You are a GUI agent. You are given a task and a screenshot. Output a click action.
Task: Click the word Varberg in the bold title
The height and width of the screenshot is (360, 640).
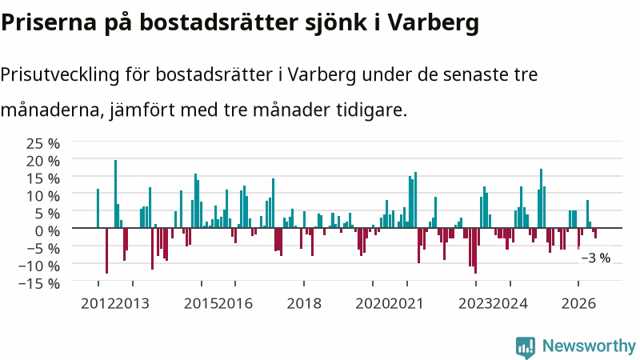point(433,22)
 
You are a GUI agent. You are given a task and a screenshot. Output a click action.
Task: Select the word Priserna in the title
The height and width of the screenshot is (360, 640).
point(49,22)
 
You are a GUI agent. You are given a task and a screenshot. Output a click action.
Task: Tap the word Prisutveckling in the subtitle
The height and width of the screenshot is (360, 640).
point(60,75)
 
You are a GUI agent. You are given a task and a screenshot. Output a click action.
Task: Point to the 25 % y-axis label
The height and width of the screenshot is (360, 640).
point(43,144)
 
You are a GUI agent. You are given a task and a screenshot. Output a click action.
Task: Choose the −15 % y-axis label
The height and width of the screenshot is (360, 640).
point(39,283)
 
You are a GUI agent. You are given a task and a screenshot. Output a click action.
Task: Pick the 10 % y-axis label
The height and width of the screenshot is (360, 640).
point(43,196)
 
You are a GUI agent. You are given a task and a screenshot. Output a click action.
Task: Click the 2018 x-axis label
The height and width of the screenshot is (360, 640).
point(304,304)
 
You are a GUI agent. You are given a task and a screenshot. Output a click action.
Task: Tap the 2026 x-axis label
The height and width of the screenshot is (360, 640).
point(578,304)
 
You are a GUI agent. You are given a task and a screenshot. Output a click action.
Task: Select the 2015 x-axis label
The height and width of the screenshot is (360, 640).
point(202,304)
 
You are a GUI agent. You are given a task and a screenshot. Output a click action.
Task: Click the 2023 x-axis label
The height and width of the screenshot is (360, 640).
point(476,304)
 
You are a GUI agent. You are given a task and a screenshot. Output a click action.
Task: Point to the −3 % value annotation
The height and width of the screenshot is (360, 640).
point(595,258)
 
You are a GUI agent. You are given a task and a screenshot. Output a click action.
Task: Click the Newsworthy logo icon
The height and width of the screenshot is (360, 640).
point(526,348)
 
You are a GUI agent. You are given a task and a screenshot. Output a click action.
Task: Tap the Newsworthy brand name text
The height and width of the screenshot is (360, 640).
point(589,346)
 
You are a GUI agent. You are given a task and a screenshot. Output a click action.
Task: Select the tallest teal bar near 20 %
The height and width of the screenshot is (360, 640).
point(115,194)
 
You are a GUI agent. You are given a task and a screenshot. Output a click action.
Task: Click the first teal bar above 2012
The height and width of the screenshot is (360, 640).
point(98,208)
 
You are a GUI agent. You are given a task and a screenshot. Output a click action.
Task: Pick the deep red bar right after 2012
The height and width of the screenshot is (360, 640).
point(107,250)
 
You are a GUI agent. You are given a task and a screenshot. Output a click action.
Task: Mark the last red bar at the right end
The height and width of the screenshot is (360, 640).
point(595,233)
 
